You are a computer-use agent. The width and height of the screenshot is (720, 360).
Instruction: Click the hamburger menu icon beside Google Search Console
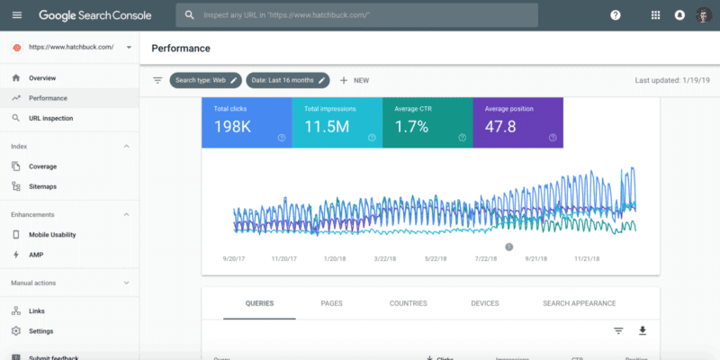[17, 15]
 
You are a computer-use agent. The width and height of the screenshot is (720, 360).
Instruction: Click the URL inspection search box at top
[360, 15]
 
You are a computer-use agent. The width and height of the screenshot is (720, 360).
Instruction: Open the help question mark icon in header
[616, 15]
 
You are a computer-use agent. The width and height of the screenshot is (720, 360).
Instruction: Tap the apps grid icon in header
[655, 15]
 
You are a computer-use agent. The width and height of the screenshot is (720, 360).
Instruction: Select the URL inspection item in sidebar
[50, 118]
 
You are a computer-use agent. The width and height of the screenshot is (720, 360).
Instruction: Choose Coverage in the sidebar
[42, 166]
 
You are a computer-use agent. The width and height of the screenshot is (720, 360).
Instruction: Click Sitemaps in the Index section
[42, 186]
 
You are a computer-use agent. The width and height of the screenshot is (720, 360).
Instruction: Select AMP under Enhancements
[36, 255]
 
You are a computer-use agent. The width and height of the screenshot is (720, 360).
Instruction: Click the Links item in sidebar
[37, 310]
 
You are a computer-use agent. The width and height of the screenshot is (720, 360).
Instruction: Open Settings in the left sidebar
[40, 331]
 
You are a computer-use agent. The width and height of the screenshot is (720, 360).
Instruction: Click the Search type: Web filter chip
[206, 80]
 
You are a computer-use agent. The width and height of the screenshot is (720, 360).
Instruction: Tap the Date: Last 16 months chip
[288, 80]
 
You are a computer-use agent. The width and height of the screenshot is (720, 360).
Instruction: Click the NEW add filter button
[355, 80]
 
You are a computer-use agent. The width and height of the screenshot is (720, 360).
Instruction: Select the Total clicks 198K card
[247, 123]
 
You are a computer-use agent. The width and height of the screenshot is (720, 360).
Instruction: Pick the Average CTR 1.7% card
[427, 123]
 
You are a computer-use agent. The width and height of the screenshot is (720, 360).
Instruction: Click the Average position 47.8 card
[517, 123]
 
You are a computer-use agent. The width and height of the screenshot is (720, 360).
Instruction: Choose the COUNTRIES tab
[408, 303]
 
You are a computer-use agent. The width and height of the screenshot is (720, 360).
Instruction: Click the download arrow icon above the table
[643, 330]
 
